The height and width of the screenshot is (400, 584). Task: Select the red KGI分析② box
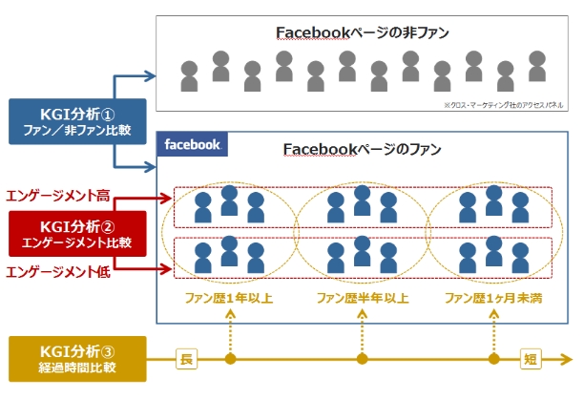76,234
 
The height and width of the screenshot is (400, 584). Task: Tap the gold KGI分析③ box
76,359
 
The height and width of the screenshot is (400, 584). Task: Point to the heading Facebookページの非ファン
363,32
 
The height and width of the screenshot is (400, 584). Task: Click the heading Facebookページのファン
363,150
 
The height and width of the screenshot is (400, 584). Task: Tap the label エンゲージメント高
58,197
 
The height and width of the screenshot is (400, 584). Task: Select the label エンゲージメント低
58,273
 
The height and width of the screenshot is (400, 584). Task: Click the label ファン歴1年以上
229,299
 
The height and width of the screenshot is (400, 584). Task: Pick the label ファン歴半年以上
362,299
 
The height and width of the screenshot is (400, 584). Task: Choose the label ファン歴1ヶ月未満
493,299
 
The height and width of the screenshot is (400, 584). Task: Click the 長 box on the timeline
185,360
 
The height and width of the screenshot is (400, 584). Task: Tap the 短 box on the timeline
531,360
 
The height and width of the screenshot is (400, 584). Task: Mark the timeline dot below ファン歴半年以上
362,360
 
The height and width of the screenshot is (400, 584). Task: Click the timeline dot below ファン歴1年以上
229,360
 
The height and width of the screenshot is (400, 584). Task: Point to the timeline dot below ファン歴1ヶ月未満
493,360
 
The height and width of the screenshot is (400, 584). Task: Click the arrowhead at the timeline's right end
571,360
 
